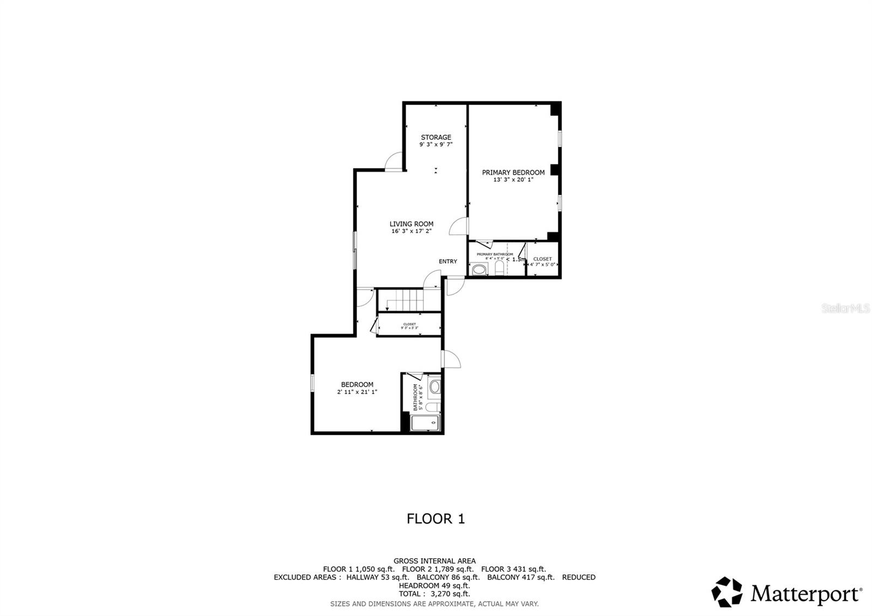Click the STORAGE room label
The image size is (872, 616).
pyautogui.click(x=436, y=137)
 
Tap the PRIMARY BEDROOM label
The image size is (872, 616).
pyautogui.click(x=513, y=172)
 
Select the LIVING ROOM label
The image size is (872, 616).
pyautogui.click(x=411, y=224)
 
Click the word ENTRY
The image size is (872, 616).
pyautogui.click(x=448, y=261)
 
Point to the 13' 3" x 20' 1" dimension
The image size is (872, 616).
pyautogui.click(x=513, y=179)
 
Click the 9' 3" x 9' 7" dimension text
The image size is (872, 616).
pyautogui.click(x=436, y=145)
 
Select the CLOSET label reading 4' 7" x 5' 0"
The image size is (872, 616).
pyautogui.click(x=542, y=262)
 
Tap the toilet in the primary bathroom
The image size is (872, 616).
pyautogui.click(x=499, y=267)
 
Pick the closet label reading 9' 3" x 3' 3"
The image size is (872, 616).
pyautogui.click(x=409, y=326)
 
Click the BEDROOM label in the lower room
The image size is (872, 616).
pyautogui.click(x=357, y=384)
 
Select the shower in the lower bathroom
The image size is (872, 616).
pyautogui.click(x=425, y=423)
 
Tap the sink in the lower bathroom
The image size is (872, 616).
pyautogui.click(x=434, y=388)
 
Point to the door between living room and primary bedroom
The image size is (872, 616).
pyautogui.click(x=458, y=226)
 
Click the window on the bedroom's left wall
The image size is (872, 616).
pyautogui.click(x=313, y=383)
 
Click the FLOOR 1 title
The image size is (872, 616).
pyautogui.click(x=435, y=518)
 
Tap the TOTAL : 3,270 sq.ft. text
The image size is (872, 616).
pyautogui.click(x=434, y=594)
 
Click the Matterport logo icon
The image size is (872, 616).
pyautogui.click(x=726, y=591)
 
